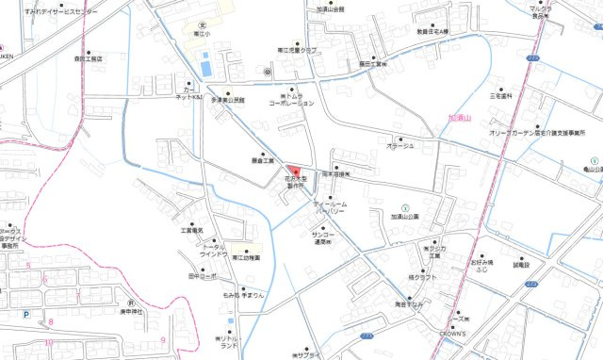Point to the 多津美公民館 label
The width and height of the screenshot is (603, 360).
227,99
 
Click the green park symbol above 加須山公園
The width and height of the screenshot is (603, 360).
405,206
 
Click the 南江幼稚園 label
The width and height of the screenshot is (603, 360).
242,257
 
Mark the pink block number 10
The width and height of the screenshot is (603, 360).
47,343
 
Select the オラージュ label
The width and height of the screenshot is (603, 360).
399,145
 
